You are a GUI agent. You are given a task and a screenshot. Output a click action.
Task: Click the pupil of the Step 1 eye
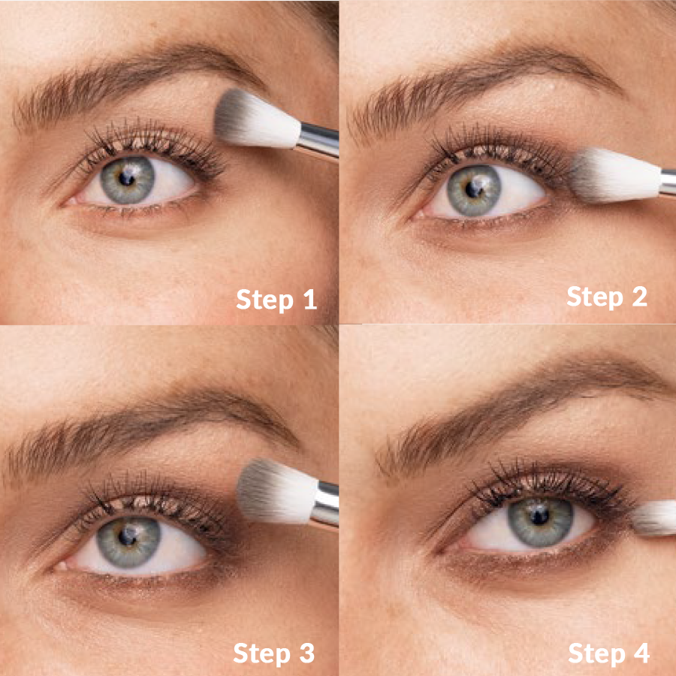click(x=126, y=178)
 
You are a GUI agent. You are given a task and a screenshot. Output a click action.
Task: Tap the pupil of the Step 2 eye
click(x=474, y=189)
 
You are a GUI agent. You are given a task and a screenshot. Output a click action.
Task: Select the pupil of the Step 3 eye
click(x=128, y=536)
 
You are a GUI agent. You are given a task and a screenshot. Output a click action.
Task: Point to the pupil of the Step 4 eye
click(x=539, y=515)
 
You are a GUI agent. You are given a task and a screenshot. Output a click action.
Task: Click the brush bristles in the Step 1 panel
click(x=257, y=119)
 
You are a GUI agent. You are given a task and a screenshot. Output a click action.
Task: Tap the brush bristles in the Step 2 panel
click(x=615, y=175)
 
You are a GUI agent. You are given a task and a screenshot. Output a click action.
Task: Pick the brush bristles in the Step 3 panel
click(x=276, y=491)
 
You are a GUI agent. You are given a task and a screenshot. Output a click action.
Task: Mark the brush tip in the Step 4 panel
click(x=654, y=518)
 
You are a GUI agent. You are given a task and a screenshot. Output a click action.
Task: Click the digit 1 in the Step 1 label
click(x=310, y=299)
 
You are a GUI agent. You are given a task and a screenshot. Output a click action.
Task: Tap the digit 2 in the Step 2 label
click(x=640, y=296)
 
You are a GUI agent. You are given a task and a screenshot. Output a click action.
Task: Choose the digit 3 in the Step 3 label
click(x=307, y=653)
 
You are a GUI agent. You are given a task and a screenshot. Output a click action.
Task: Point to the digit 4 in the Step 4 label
click(x=641, y=653)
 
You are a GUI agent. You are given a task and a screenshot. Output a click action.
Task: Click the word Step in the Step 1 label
click(x=264, y=300)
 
